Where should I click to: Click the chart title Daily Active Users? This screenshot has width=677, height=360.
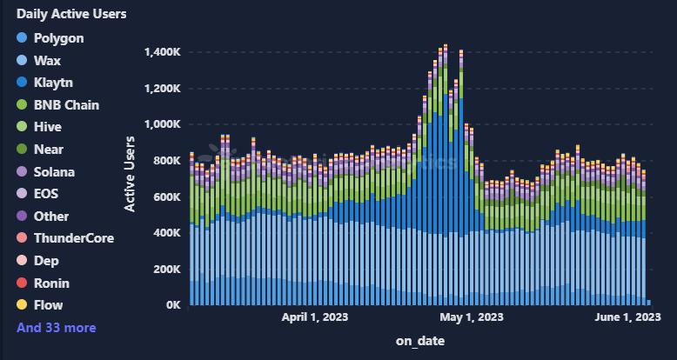coord(71,14)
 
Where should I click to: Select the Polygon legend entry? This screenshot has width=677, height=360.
coord(58,38)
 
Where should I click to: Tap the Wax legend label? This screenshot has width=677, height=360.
coord(47,61)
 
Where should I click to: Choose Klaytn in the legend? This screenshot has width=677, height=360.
coord(53,83)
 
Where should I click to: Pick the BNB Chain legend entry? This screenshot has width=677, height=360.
coord(66,105)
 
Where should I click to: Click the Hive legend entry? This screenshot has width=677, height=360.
coord(47,127)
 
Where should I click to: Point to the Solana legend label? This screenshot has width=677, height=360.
coord(54,172)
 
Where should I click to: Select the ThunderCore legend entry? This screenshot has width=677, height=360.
coord(73,238)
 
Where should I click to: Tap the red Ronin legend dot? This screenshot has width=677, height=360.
coord(22,283)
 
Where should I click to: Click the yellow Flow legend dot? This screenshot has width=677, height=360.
coord(22,305)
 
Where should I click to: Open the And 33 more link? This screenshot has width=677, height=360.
coord(57,328)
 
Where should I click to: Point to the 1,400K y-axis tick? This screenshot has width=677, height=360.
coord(163,52)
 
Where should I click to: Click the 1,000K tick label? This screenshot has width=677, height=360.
coord(163,124)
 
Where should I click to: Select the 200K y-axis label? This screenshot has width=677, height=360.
coord(166,270)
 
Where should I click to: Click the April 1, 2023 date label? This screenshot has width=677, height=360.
coord(315,317)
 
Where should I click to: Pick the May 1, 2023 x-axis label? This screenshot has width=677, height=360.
coord(472,317)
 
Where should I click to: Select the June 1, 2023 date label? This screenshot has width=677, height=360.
coord(627,317)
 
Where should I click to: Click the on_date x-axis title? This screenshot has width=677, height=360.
coord(420,341)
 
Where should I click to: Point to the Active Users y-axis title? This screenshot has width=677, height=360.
coord(130,174)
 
